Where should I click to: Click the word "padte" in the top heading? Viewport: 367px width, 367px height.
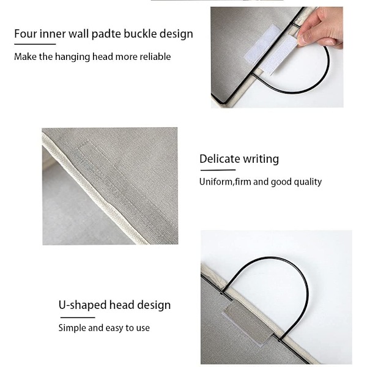(x=106, y=34)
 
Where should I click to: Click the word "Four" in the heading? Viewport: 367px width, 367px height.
(x=25, y=34)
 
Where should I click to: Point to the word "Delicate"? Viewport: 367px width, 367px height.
(x=220, y=159)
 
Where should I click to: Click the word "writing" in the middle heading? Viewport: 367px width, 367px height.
(x=261, y=159)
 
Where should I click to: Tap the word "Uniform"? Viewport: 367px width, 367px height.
(x=216, y=182)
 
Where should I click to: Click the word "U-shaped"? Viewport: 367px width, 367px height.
(x=82, y=305)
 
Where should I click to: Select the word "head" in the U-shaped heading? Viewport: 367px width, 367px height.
(x=122, y=305)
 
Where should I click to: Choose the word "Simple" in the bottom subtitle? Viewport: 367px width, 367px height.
(x=72, y=328)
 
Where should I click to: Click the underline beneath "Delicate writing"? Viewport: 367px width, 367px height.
(x=218, y=170)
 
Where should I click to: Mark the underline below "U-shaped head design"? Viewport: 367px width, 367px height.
(x=78, y=317)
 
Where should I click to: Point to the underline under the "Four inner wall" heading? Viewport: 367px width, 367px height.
(x=35, y=44)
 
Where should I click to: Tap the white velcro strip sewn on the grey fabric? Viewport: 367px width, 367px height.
(x=262, y=44)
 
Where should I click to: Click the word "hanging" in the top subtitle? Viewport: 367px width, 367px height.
(x=72, y=57)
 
